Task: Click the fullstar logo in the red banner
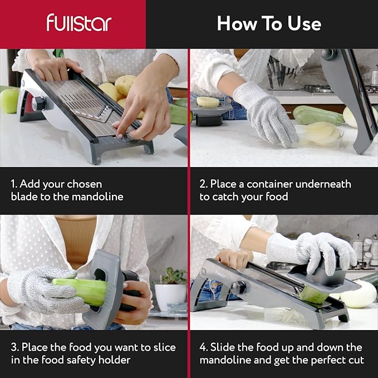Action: [x=78, y=23]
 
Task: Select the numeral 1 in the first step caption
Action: [x=13, y=184]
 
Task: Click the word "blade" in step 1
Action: [x=26, y=197]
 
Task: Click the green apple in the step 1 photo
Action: [x=8, y=100]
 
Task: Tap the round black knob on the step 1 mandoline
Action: [x=39, y=104]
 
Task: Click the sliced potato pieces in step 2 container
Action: [x=320, y=134]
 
